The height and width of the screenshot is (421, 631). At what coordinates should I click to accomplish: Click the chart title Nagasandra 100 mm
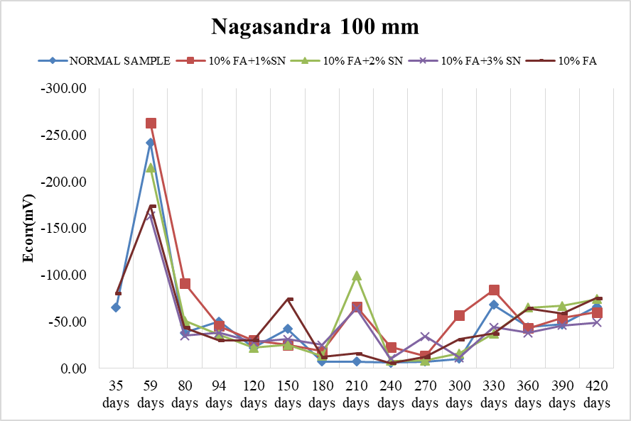[315, 27]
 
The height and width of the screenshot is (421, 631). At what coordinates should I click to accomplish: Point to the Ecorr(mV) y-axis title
[28, 228]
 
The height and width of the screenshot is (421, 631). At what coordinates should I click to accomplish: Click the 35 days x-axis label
[116, 394]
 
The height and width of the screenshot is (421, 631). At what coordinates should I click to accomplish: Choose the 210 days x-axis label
[356, 394]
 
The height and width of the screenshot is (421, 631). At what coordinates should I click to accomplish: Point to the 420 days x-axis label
[596, 394]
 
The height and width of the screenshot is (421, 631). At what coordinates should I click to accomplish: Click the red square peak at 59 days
[151, 123]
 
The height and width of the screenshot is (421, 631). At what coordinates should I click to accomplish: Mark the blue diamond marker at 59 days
[150, 143]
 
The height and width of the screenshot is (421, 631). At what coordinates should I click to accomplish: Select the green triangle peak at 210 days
[356, 275]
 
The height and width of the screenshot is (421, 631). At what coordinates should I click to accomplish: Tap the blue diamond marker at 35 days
[116, 307]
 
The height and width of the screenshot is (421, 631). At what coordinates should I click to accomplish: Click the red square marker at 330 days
[493, 290]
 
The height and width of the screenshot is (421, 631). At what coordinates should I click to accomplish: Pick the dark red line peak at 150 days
[289, 299]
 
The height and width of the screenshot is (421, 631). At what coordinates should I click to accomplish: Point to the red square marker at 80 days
[185, 283]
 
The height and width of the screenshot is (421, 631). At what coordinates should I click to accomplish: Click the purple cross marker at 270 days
[425, 337]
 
